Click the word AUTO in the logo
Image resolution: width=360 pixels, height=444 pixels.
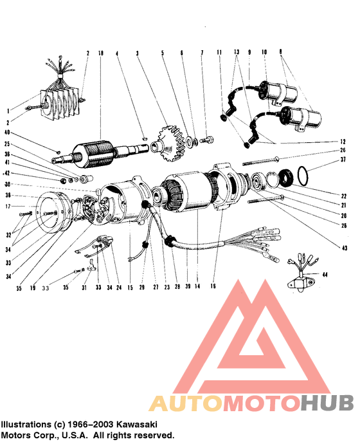tap(185, 403)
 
